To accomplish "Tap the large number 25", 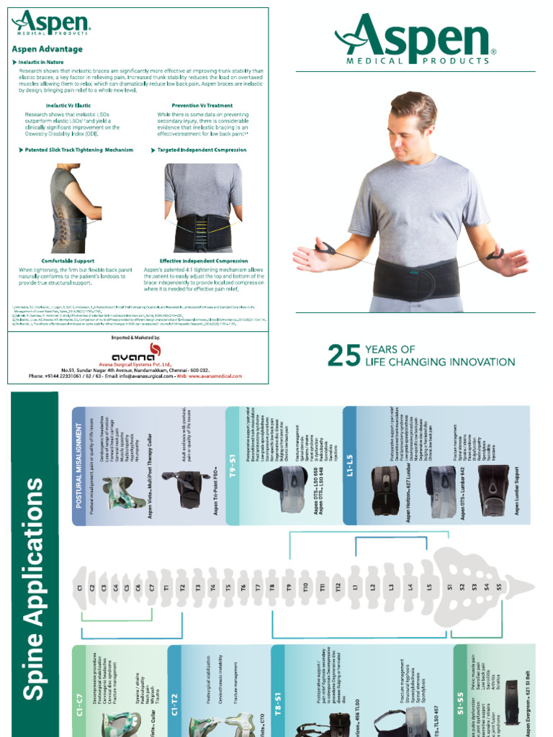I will pyautogui.click(x=344, y=356).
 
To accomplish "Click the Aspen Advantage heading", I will pyautogui.click(x=47, y=50).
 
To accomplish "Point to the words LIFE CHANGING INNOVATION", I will pyautogui.click(x=440, y=362).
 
